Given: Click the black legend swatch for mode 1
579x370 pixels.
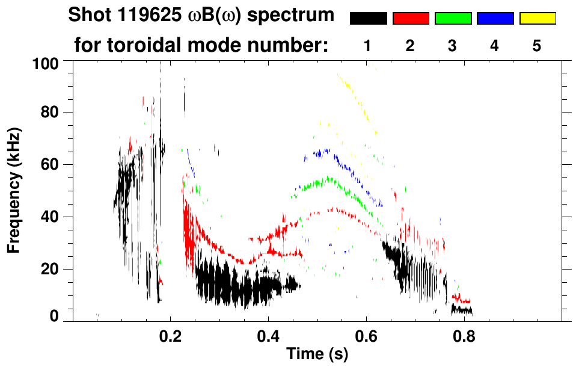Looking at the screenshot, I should (x=368, y=19).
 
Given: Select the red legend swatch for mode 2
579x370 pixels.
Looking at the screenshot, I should (x=411, y=19).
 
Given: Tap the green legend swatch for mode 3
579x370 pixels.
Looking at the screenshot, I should (x=453, y=19).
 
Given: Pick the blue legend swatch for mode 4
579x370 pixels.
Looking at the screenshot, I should (x=495, y=19).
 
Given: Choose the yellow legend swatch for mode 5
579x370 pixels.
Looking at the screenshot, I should (x=538, y=19).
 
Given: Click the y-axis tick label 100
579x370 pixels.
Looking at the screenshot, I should (x=45, y=63).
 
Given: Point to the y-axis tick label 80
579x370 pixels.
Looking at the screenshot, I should (x=49, y=113).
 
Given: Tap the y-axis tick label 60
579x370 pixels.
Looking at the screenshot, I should (x=49, y=164).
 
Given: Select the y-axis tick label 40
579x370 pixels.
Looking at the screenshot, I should (x=49, y=217).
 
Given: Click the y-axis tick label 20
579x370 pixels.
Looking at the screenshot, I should (x=49, y=269).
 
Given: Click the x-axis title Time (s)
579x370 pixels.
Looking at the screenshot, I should (x=316, y=354).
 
